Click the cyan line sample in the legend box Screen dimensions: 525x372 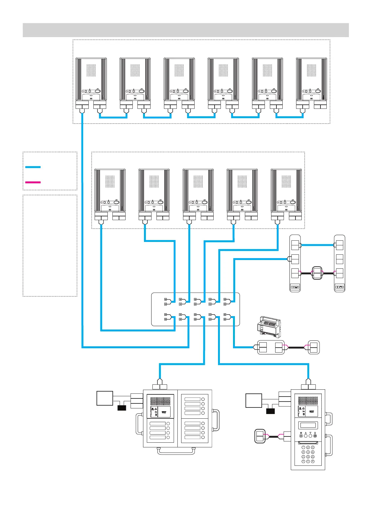tap(33, 167)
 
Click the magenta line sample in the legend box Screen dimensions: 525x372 tap(33, 182)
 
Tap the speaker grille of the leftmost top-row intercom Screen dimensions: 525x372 tap(91, 71)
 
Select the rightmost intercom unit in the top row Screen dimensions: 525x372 tap(311, 79)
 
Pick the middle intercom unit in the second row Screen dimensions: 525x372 tap(198, 191)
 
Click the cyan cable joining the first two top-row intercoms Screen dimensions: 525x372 tap(113, 118)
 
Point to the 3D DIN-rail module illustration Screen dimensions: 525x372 tap(268, 327)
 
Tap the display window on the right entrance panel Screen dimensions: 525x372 tap(308, 425)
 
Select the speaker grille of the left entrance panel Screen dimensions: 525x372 tap(160, 401)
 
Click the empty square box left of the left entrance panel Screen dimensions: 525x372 tap(105, 398)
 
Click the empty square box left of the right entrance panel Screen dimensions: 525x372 tap(254, 401)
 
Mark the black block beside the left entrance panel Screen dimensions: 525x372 tap(122, 408)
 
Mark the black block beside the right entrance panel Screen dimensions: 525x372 tap(270, 411)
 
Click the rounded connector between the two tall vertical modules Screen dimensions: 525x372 tap(317, 273)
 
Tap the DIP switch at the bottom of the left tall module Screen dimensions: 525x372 tap(295, 287)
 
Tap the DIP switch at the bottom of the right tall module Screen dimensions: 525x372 tap(340, 287)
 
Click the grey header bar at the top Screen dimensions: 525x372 tap(186, 30)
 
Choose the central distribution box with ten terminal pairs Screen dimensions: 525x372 tap(196, 309)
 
